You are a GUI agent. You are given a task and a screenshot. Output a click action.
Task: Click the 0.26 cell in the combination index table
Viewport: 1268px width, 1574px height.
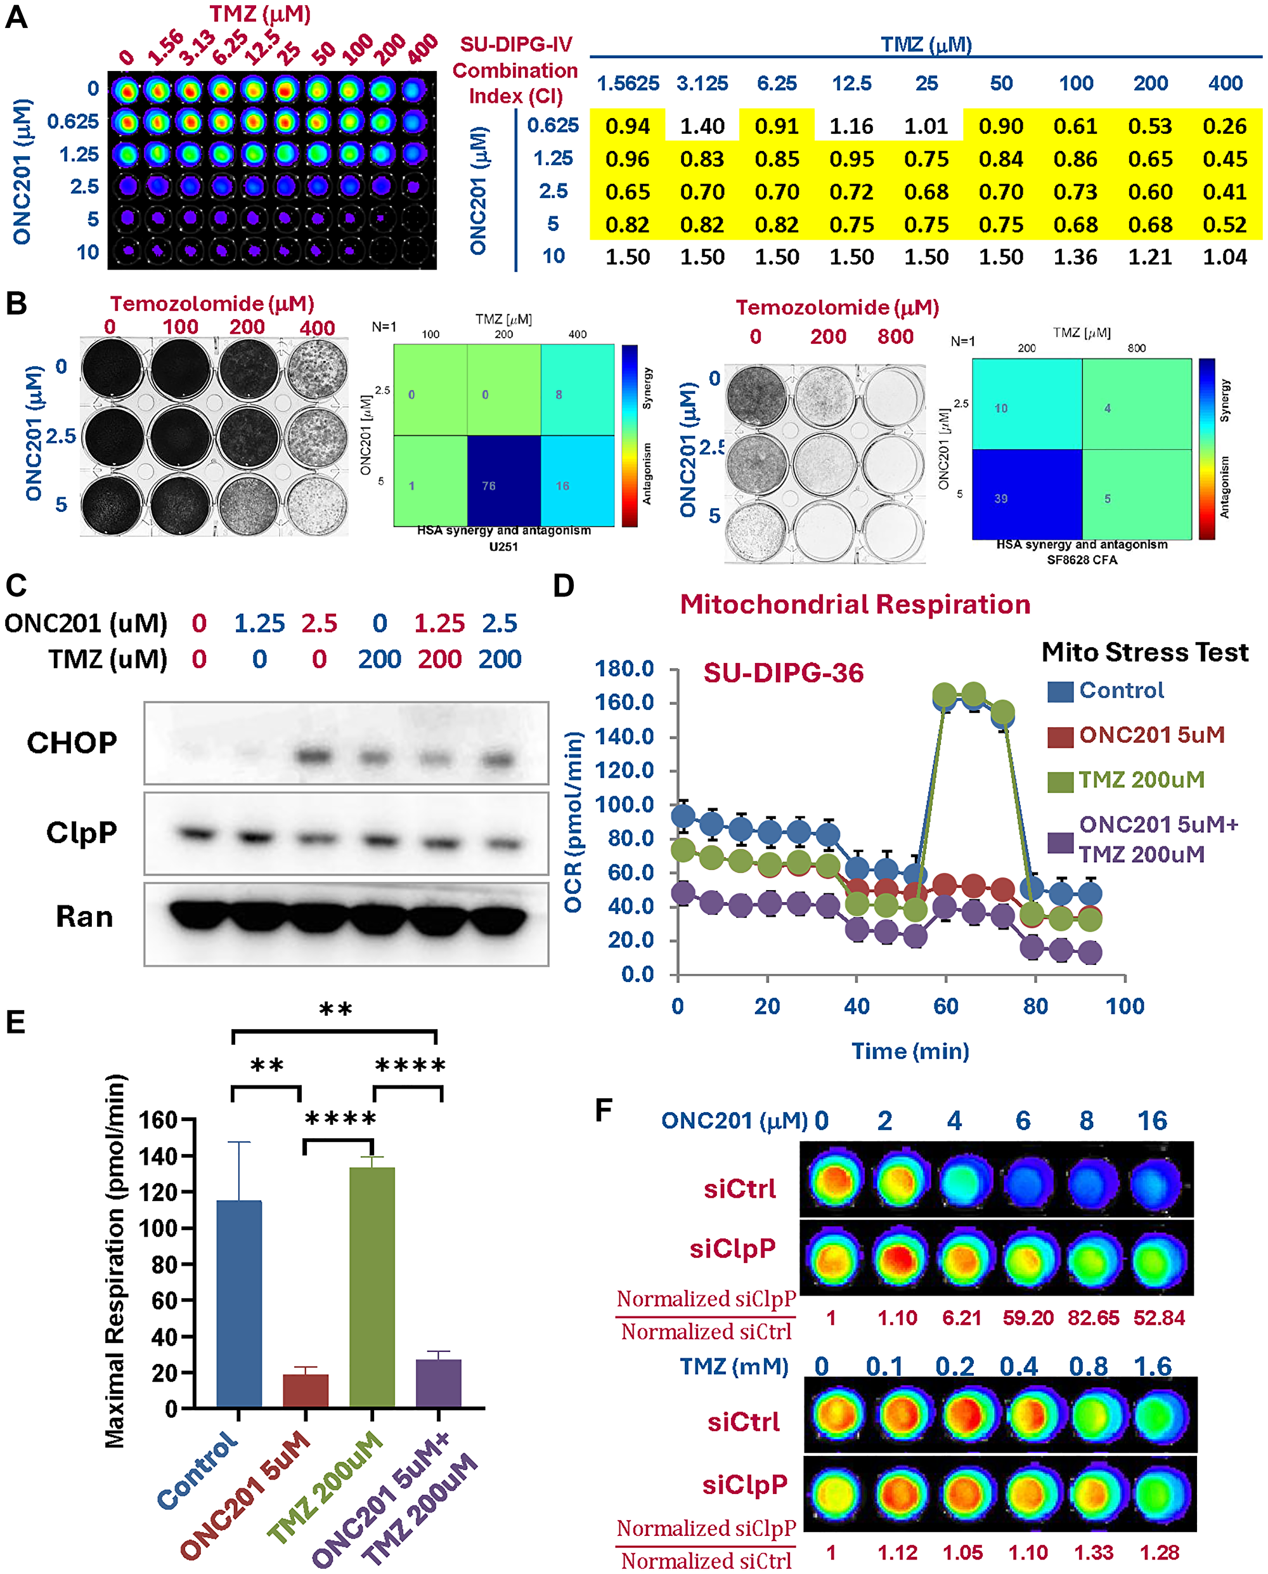1224,126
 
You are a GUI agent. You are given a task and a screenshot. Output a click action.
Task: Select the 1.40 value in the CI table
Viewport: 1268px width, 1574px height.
702,126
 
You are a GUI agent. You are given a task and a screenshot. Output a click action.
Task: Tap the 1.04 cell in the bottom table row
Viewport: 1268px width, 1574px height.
1224,257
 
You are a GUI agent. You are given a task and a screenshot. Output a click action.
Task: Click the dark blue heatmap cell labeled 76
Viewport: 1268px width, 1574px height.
503,480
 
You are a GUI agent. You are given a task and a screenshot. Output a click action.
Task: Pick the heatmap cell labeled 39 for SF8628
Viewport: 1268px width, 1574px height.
1026,495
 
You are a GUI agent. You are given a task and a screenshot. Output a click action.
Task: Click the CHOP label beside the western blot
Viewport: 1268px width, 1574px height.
72,742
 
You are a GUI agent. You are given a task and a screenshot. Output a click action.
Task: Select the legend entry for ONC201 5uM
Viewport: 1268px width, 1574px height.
1151,735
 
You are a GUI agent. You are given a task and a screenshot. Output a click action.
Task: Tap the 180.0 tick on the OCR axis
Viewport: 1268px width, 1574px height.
624,669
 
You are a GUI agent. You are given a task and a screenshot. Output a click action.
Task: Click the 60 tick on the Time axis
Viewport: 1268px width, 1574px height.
945,1006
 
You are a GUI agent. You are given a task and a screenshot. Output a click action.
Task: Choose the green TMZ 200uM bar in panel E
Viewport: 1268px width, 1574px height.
372,1287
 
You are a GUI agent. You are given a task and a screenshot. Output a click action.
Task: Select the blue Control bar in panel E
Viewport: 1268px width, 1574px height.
239,1304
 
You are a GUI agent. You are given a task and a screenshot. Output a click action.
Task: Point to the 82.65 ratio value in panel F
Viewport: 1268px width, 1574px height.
1094,1318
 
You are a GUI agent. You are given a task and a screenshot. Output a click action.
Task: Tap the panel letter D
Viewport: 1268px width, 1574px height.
563,586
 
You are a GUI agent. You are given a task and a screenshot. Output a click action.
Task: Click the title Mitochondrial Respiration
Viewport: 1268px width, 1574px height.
855,605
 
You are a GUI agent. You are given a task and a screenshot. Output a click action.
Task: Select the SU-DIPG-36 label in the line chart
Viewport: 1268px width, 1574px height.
783,673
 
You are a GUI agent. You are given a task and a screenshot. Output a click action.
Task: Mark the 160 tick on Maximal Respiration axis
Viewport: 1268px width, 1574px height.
158,1120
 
